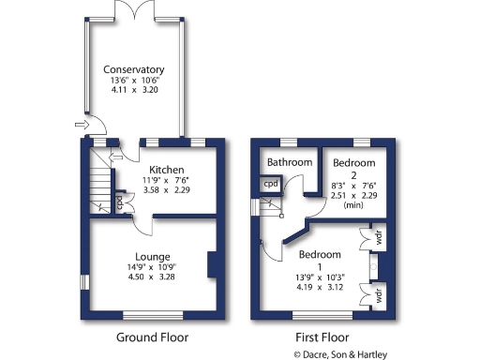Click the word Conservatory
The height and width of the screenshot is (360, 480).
(x=134, y=69)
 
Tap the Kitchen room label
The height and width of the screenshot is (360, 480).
(x=151, y=170)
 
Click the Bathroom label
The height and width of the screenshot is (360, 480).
(x=289, y=162)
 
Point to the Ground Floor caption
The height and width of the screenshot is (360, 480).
(x=152, y=337)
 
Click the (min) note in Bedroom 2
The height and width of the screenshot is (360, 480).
(x=354, y=204)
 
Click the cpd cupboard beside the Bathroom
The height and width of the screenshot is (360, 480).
(x=270, y=184)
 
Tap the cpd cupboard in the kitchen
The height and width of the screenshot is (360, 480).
(x=119, y=200)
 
